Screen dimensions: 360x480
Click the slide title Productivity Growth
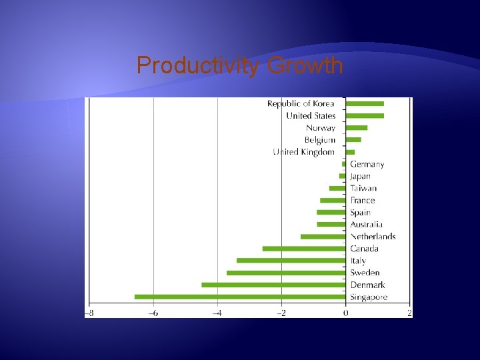[240, 66]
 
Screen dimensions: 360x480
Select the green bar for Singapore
[240, 297]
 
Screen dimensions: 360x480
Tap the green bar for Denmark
[273, 285]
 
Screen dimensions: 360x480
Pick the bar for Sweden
[286, 273]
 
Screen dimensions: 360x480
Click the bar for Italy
[291, 261]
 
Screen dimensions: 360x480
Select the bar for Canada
[304, 249]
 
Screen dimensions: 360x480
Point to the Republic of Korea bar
[365, 103]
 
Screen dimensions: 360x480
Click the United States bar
[365, 115]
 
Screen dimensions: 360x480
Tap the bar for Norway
[357, 127]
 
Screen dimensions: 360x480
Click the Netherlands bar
[323, 237]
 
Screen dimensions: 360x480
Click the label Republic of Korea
[301, 103]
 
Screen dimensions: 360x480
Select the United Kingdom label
[304, 152]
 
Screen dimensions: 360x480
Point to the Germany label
[367, 164]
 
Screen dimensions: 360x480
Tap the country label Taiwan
[363, 188]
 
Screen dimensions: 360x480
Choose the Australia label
[367, 225]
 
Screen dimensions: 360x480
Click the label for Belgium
[319, 140]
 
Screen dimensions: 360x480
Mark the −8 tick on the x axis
[89, 313]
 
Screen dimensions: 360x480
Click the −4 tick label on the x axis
[217, 313]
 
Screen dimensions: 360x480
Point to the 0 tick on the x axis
[345, 313]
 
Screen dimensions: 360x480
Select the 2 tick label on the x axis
[409, 313]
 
